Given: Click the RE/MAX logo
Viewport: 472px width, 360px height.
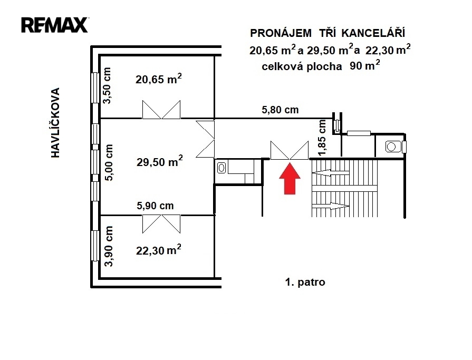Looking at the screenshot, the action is (x=54, y=25).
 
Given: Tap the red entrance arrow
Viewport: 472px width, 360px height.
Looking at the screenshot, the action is (x=290, y=179).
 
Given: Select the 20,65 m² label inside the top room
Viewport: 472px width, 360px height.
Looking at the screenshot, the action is (x=159, y=79).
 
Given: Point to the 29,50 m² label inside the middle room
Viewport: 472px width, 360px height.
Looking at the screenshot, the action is (x=160, y=161).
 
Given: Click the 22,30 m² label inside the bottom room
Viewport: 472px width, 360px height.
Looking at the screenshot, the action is (x=159, y=250).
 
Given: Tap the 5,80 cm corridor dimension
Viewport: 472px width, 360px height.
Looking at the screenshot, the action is (x=280, y=110).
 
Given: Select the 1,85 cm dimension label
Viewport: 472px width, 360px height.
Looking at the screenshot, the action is (x=322, y=138).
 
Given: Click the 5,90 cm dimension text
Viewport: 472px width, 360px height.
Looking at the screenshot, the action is (x=155, y=206).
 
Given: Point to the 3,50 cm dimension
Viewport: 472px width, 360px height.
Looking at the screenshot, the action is (x=107, y=86).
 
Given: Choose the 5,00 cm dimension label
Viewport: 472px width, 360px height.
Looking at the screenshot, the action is (x=109, y=162).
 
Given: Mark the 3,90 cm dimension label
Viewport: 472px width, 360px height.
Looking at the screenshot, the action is (x=109, y=246).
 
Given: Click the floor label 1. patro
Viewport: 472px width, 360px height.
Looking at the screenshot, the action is (x=305, y=282).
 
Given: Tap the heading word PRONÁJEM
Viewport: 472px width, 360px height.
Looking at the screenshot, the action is (x=281, y=33).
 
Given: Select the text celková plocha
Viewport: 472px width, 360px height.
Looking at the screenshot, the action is (x=302, y=66).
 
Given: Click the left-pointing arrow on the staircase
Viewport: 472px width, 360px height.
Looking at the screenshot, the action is (x=331, y=173).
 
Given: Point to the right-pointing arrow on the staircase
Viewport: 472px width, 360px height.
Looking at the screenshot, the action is (x=331, y=206).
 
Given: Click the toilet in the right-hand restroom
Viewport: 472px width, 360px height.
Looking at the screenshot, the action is (x=393, y=147).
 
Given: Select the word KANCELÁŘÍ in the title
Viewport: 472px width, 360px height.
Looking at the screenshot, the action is (x=373, y=33).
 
